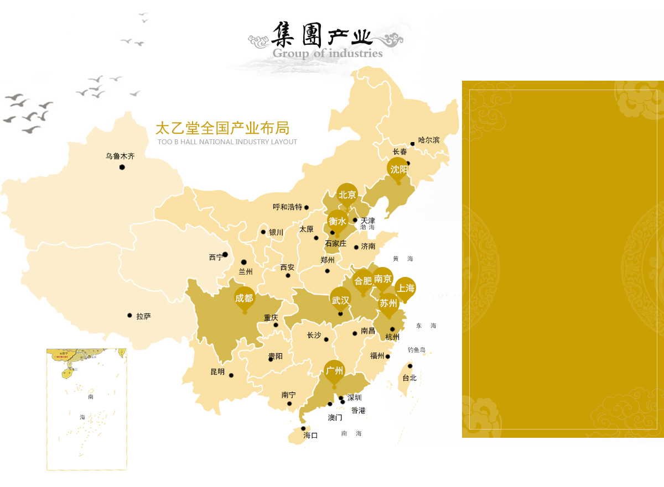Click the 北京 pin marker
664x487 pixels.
click(x=347, y=195)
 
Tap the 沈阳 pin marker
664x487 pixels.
click(x=398, y=169)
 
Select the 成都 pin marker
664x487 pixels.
click(x=244, y=299)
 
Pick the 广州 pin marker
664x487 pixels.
click(x=334, y=370)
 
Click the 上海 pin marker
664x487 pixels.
click(x=405, y=288)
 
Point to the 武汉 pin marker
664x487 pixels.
click(x=340, y=300)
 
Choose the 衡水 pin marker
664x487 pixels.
click(x=338, y=221)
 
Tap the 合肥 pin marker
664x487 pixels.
click(x=363, y=281)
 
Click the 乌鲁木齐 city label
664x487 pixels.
click(x=120, y=156)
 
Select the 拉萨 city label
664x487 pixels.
click(x=143, y=316)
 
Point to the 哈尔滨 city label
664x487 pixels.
click(x=429, y=140)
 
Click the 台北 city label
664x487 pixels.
click(x=409, y=378)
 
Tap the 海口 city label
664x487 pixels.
click(x=310, y=436)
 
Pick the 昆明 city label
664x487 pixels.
click(x=217, y=372)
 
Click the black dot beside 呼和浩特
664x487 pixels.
click(x=307, y=208)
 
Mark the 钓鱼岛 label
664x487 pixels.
click(x=417, y=350)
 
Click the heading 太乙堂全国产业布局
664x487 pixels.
click(x=222, y=128)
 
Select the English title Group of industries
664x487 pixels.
click(x=328, y=54)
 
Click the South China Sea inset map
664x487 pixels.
click(x=86, y=409)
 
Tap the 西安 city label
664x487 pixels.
click(x=287, y=267)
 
